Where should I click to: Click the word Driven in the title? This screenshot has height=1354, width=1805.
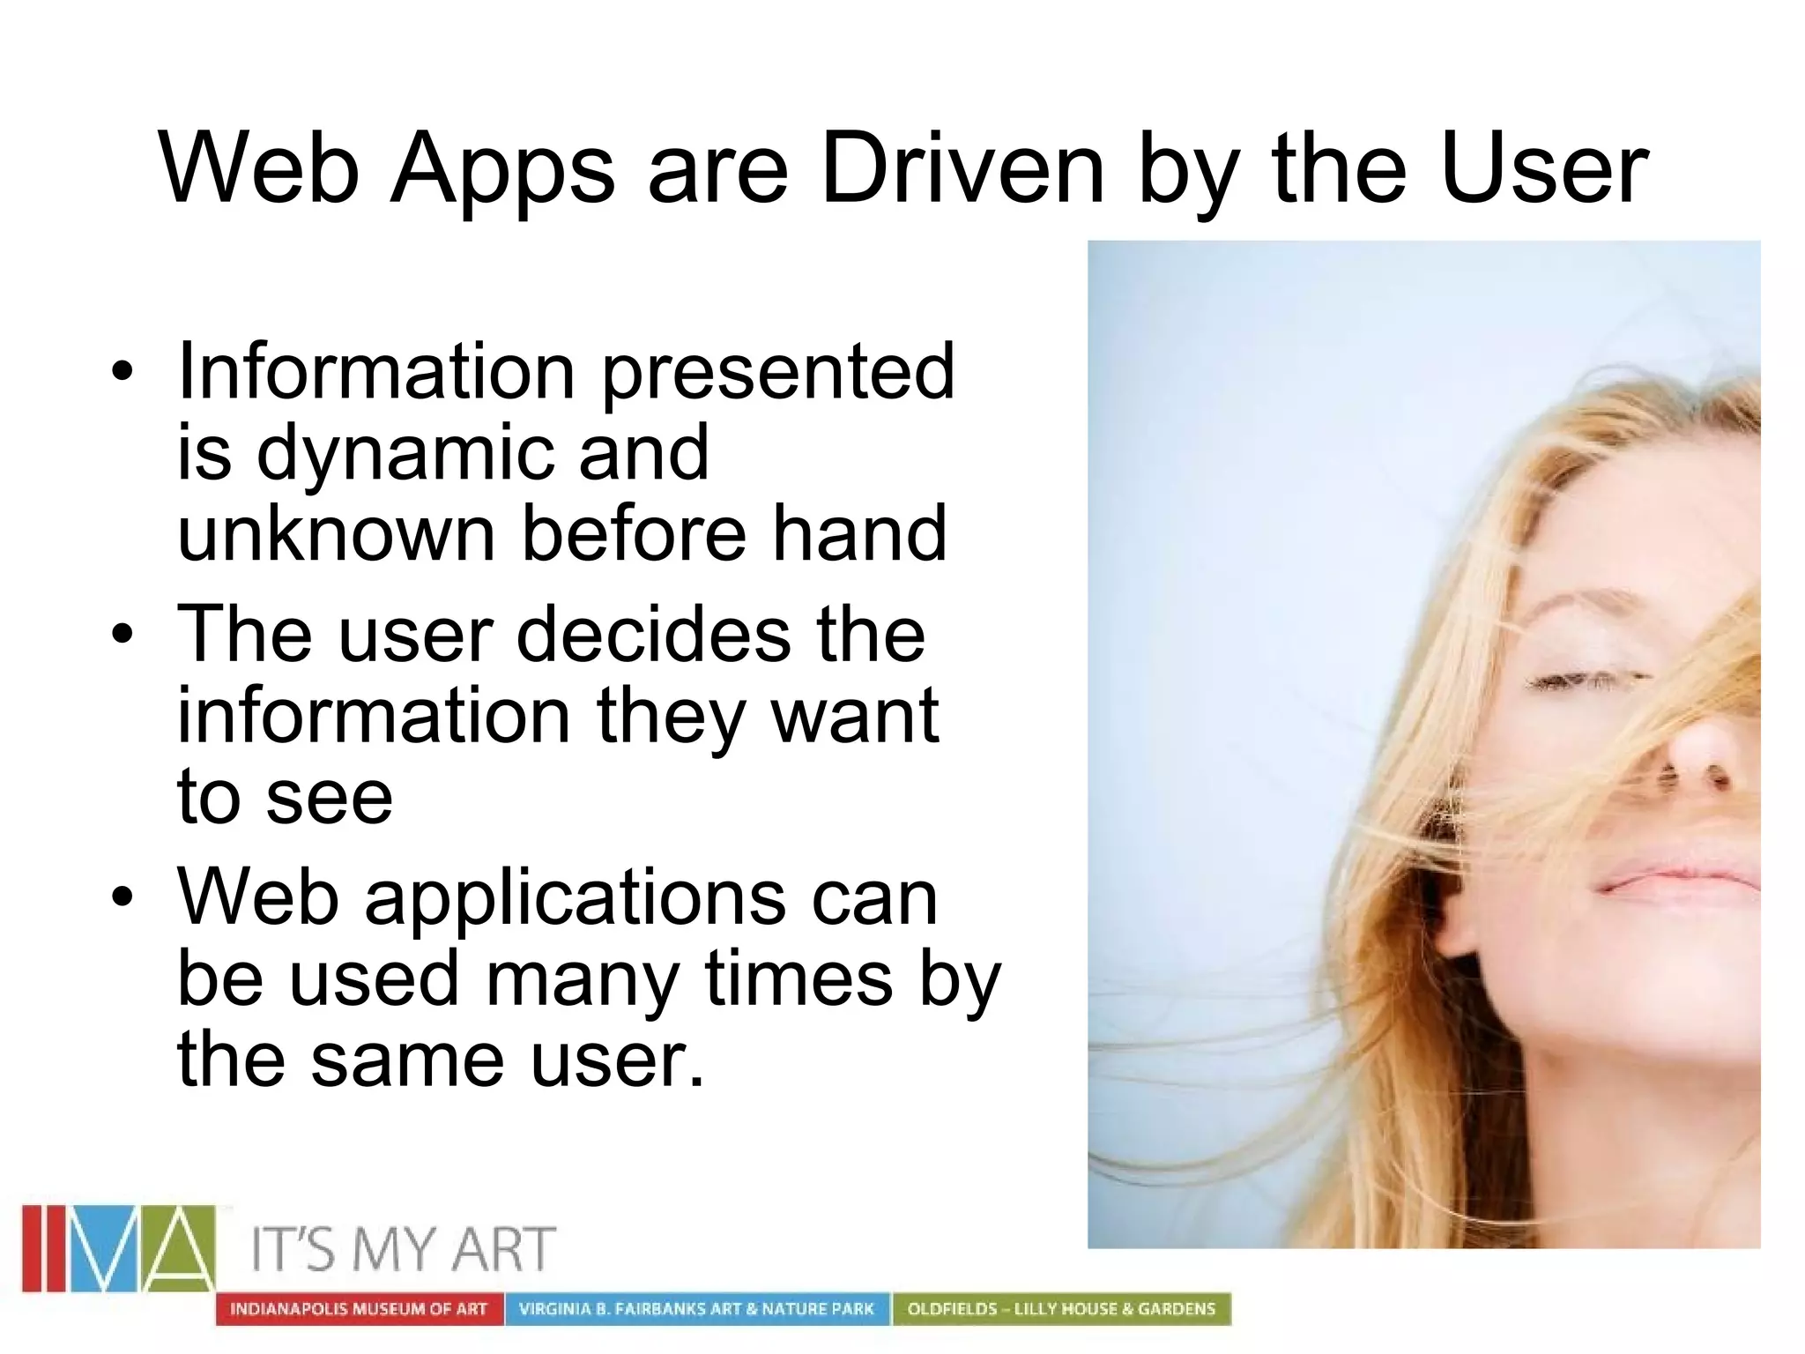(x=962, y=167)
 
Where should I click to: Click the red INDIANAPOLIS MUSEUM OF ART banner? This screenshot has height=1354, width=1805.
(x=359, y=1309)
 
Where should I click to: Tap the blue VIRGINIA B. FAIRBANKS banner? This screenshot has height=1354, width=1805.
(x=696, y=1309)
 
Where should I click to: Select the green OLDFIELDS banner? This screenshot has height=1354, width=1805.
(x=1061, y=1309)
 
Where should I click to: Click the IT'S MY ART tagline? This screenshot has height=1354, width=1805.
(x=403, y=1250)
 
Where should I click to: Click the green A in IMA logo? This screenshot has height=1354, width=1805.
(x=179, y=1247)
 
